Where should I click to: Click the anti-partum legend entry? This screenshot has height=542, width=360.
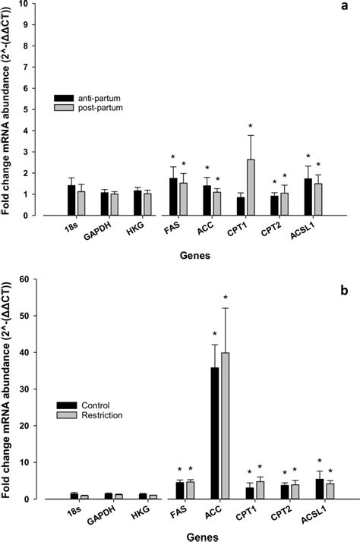tap(84, 98)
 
